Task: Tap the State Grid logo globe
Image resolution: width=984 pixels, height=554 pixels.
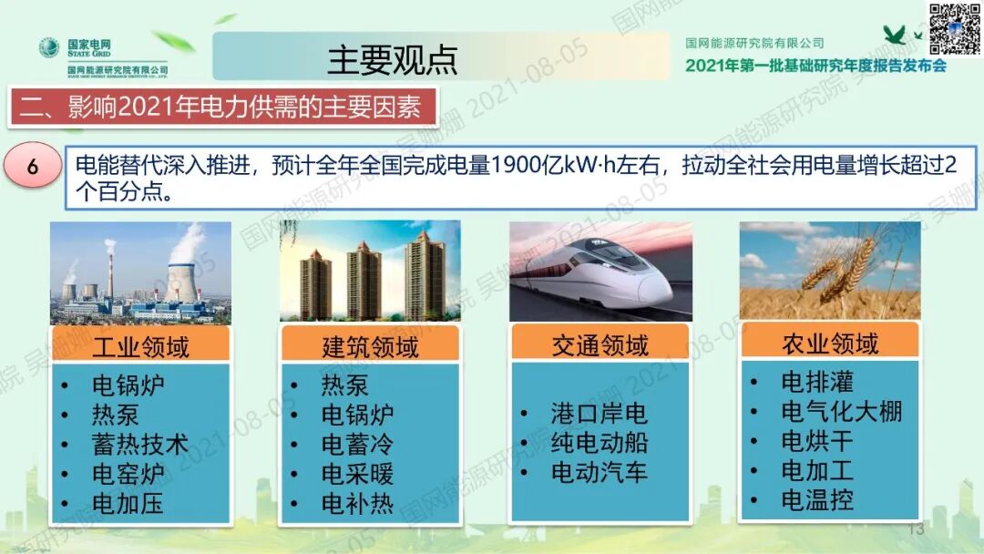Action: pyautogui.click(x=48, y=46)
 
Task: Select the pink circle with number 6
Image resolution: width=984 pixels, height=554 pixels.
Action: pyautogui.click(x=33, y=167)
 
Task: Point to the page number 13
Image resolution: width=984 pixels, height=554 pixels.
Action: pyautogui.click(x=916, y=529)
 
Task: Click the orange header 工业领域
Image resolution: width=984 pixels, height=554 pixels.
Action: pyautogui.click(x=140, y=347)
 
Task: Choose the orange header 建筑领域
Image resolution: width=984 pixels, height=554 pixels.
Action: pyautogui.click(x=370, y=347)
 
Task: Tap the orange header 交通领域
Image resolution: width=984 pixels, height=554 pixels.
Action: pyautogui.click(x=600, y=344)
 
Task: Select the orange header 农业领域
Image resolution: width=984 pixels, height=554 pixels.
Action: pyautogui.click(x=829, y=343)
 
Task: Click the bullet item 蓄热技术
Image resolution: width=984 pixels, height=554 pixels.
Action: pyautogui.click(x=139, y=445)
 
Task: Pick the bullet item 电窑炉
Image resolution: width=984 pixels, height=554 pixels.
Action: pyautogui.click(x=128, y=474)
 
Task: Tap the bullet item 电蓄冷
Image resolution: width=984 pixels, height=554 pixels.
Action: pyautogui.click(x=357, y=445)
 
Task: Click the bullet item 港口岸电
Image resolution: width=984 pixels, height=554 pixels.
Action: pyautogui.click(x=599, y=414)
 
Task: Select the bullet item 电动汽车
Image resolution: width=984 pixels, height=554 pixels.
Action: pyautogui.click(x=599, y=472)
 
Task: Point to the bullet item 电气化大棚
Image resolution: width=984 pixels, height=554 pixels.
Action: pyautogui.click(x=841, y=412)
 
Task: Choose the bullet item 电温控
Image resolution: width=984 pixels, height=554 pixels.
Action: pyautogui.click(x=816, y=500)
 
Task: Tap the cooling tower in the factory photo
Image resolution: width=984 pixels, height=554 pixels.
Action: pyautogui.click(x=185, y=278)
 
